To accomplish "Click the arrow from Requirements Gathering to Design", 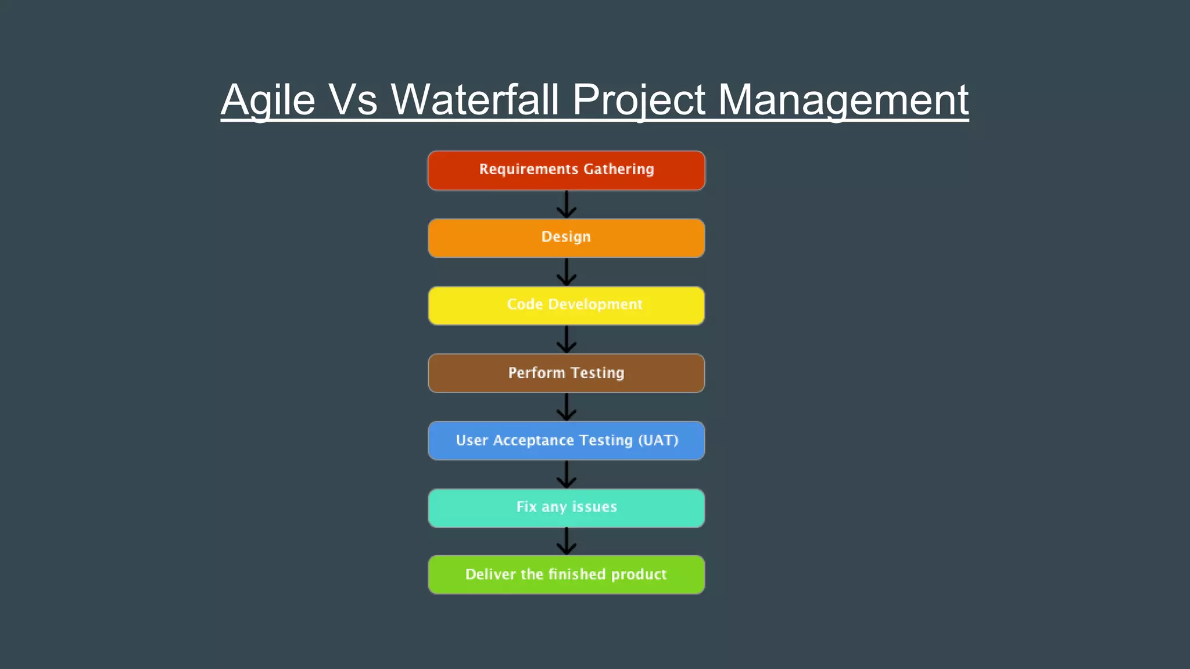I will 567,205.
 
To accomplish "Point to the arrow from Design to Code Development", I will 567,272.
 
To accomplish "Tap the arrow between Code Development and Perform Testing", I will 567,340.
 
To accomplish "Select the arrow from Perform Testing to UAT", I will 567,407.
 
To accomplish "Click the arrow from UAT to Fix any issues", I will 567,474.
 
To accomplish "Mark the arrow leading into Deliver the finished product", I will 567,541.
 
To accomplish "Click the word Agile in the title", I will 268,100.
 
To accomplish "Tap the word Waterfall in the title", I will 475,100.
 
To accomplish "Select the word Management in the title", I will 843,100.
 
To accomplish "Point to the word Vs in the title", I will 353,100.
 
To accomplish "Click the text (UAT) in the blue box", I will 658,440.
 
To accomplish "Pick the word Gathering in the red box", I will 619,169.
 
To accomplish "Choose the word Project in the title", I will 639,100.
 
